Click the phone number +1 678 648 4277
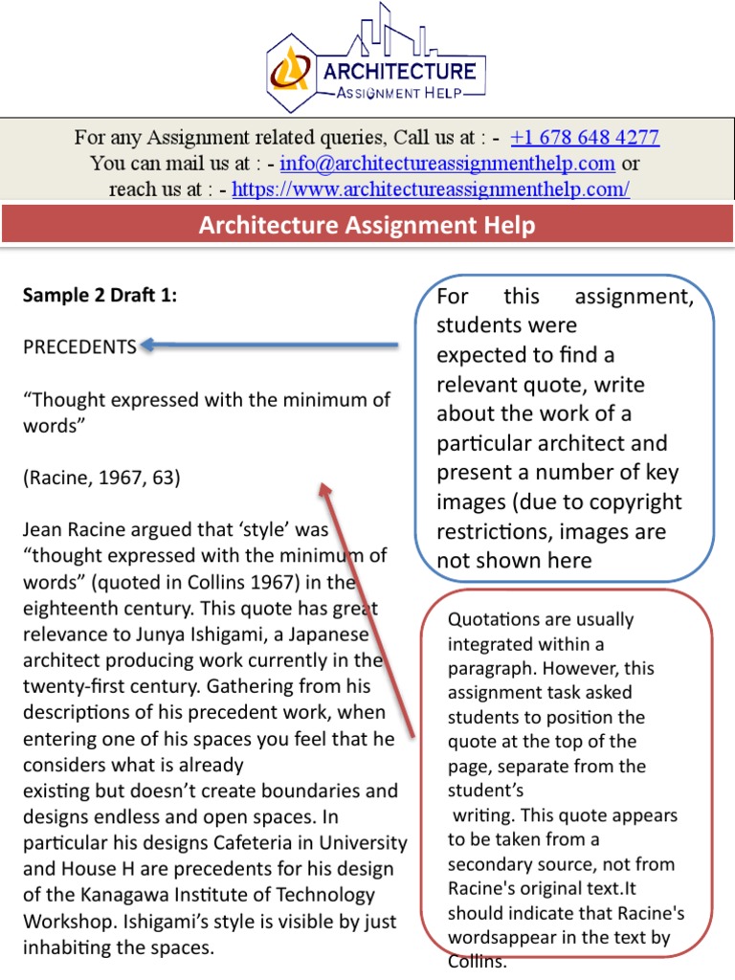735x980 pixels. pyautogui.click(x=585, y=137)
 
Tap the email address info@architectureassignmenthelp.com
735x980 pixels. pyautogui.click(x=447, y=163)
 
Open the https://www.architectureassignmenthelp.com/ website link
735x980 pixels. pyautogui.click(x=431, y=189)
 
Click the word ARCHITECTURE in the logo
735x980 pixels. pyautogui.click(x=399, y=70)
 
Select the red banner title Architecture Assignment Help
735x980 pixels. pyautogui.click(x=367, y=226)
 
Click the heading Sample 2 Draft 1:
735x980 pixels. pyautogui.click(x=100, y=296)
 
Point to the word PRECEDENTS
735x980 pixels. pyautogui.click(x=79, y=347)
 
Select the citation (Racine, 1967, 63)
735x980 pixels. pyautogui.click(x=101, y=477)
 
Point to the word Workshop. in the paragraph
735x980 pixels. pyautogui.click(x=69, y=921)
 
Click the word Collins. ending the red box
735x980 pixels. pyautogui.click(x=477, y=961)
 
